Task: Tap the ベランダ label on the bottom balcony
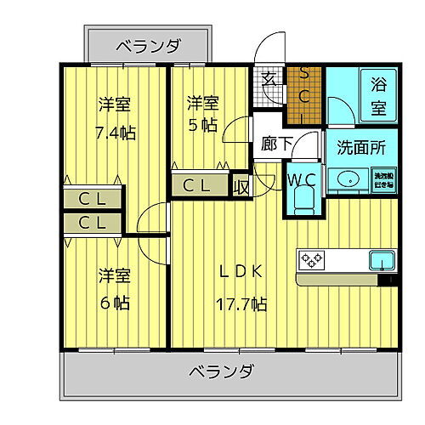pyautogui.click(x=220, y=371)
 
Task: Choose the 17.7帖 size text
pyautogui.click(x=242, y=303)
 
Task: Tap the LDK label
pyautogui.click(x=242, y=272)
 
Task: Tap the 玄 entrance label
pyautogui.click(x=269, y=79)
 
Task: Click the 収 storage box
pyautogui.click(x=242, y=185)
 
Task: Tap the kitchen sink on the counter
pyautogui.click(x=380, y=258)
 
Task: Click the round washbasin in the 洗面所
pyautogui.click(x=348, y=180)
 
